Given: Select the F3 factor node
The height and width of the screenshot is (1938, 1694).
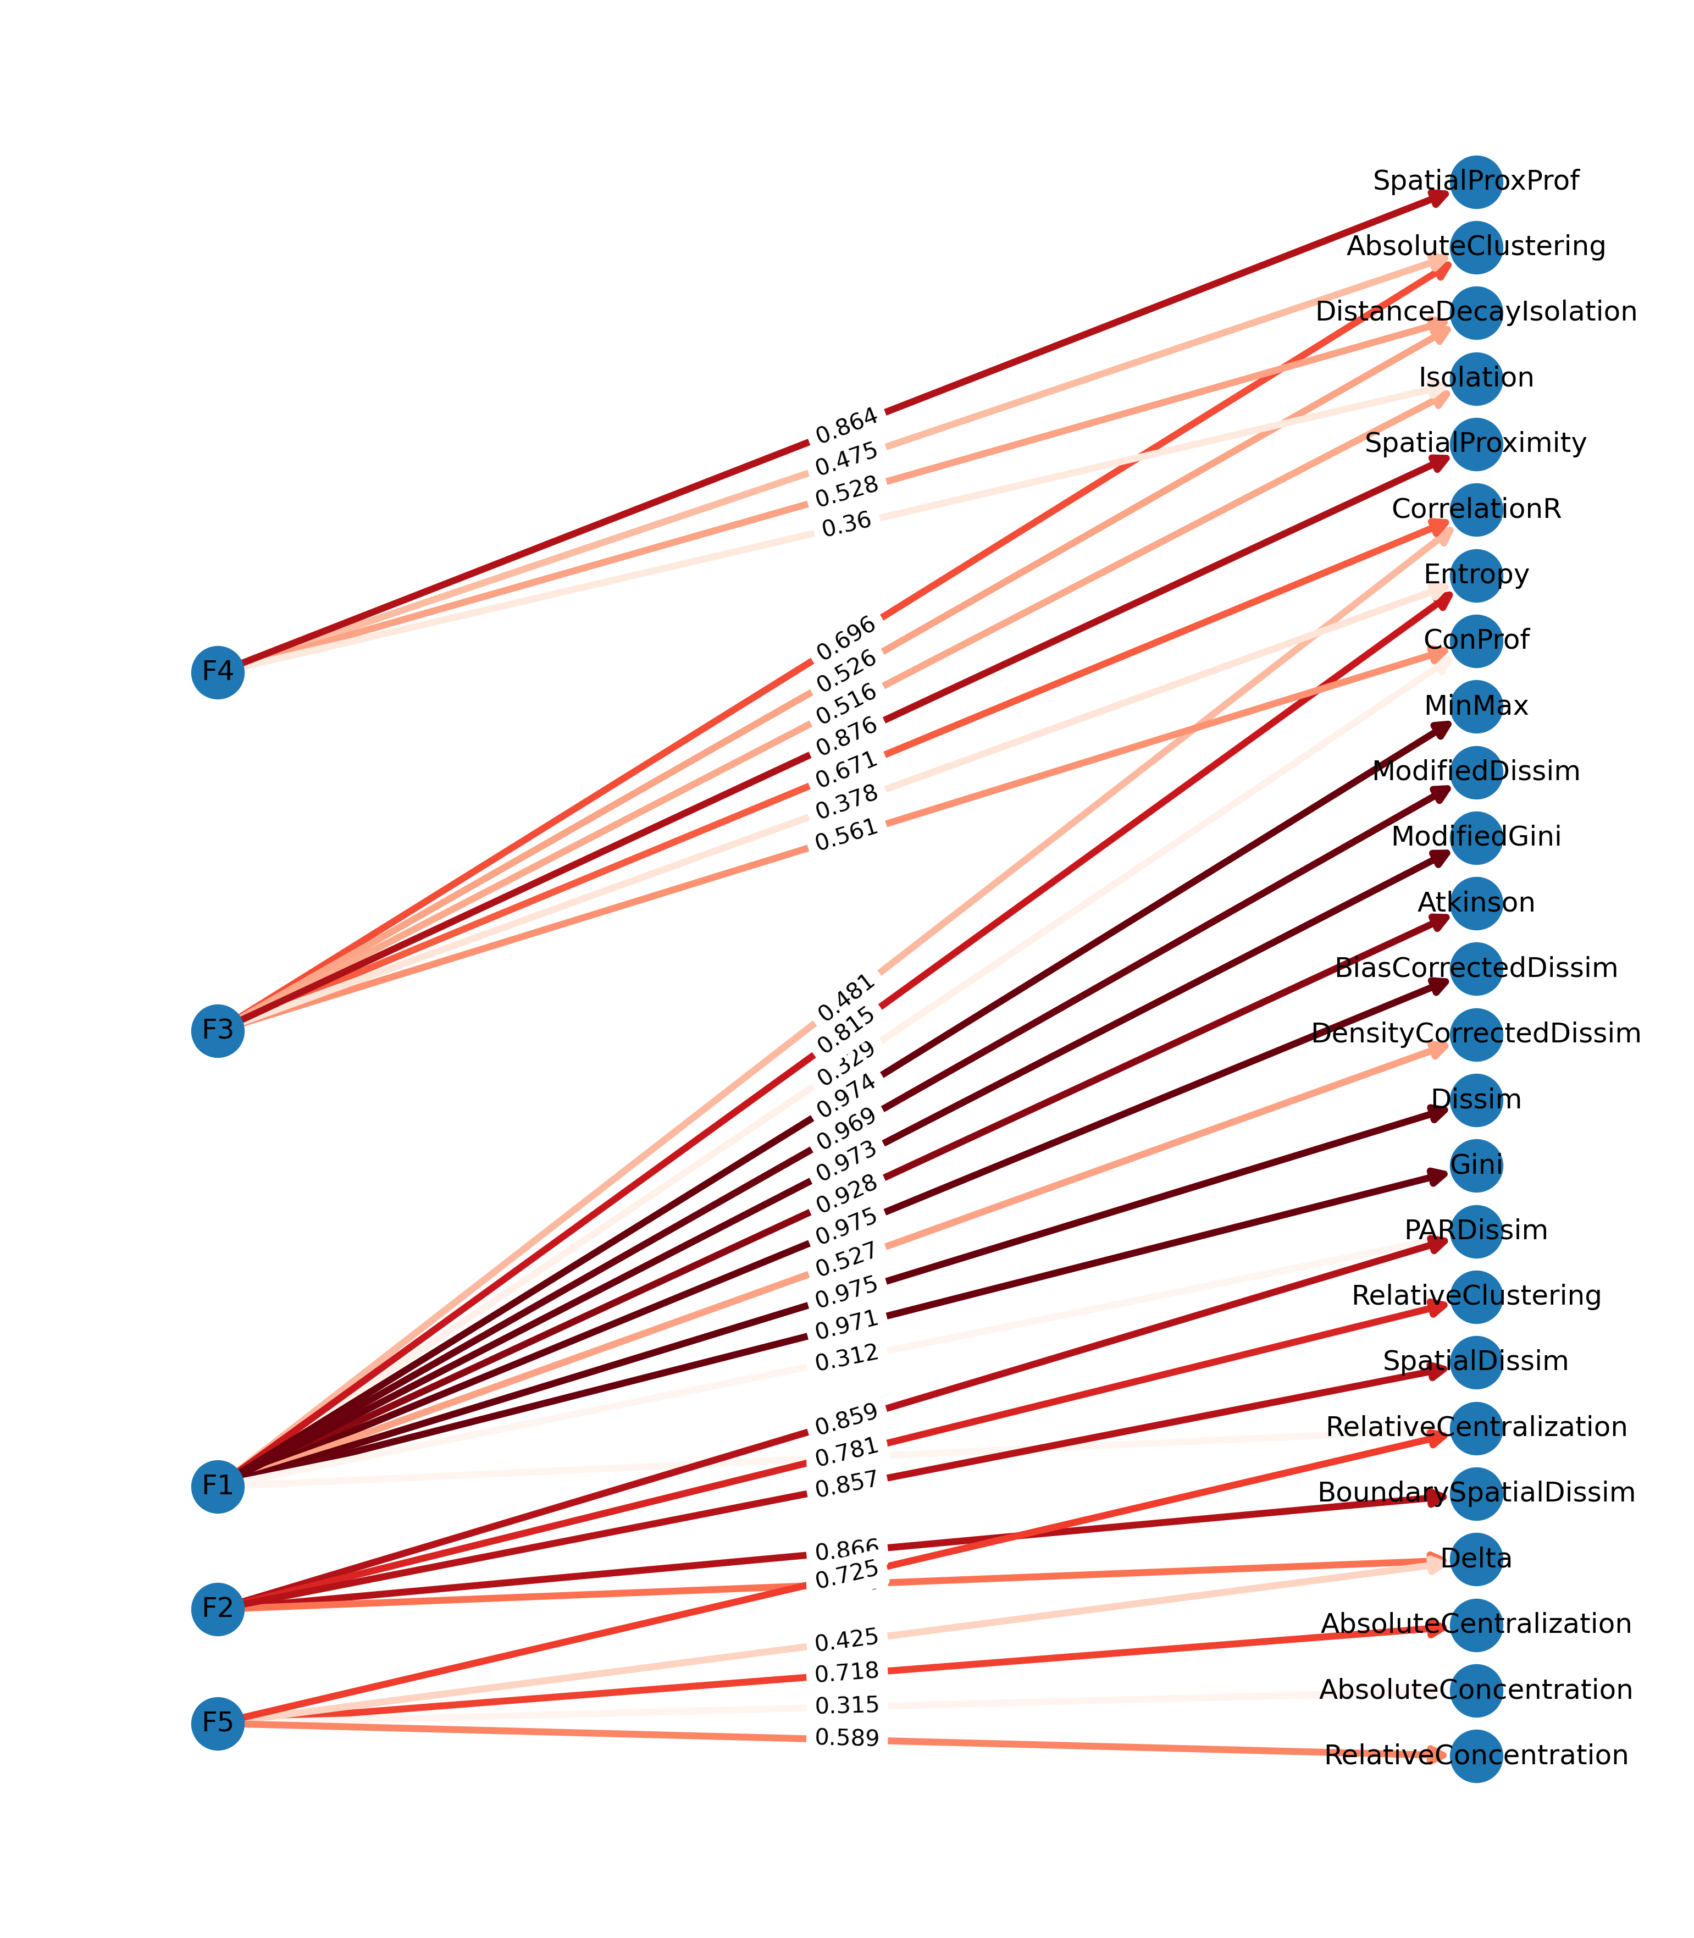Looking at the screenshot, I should (x=218, y=1030).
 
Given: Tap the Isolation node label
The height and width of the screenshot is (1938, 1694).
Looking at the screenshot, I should (x=1476, y=378).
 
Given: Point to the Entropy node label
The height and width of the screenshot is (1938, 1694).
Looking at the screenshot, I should (x=1476, y=575).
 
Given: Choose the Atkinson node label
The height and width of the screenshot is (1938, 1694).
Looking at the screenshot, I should (x=1476, y=903).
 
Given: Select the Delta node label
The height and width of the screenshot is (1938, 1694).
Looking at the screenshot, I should (x=1476, y=1559).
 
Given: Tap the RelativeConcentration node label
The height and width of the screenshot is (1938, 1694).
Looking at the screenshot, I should (x=1476, y=1755).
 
